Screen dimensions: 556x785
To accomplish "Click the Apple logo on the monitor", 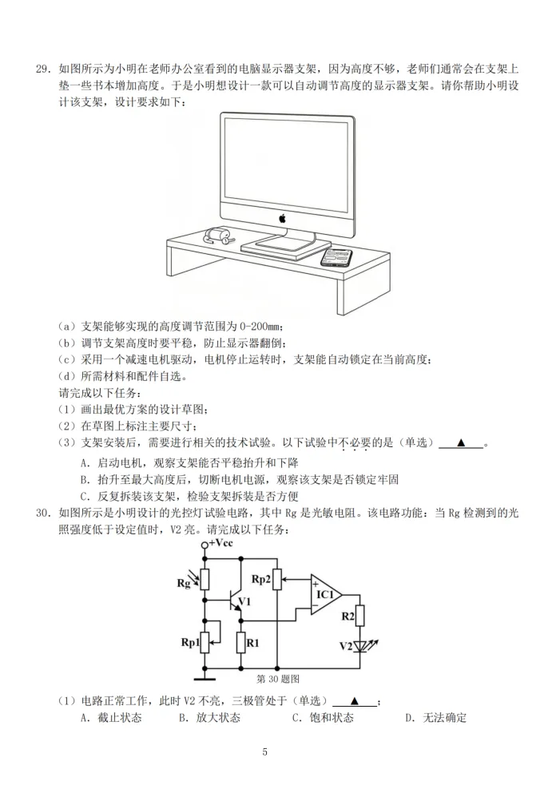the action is (x=282, y=218).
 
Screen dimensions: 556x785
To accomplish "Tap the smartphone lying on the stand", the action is (x=336, y=257).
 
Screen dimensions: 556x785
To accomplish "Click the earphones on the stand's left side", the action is (x=219, y=236).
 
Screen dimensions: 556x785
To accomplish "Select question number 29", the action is (x=44, y=69).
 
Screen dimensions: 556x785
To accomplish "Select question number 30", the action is (x=44, y=513).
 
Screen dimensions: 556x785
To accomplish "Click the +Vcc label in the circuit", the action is (x=221, y=543).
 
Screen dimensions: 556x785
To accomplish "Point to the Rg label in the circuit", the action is (x=184, y=583).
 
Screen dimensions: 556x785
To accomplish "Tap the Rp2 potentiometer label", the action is (x=260, y=579).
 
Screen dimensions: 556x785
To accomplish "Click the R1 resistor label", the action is (x=253, y=643).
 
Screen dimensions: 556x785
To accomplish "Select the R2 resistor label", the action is (x=347, y=617).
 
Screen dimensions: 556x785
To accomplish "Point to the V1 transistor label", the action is (x=244, y=601).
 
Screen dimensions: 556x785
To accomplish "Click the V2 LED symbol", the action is (x=360, y=647).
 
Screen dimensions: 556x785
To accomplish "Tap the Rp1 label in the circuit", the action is (x=190, y=643).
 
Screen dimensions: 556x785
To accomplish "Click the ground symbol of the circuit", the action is (x=205, y=678).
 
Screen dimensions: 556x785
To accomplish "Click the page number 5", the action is (x=265, y=751).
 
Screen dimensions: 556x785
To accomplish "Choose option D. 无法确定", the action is (x=436, y=718).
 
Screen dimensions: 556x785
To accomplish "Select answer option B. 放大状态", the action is (x=210, y=718).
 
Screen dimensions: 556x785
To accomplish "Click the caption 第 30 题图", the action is (x=278, y=679).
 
